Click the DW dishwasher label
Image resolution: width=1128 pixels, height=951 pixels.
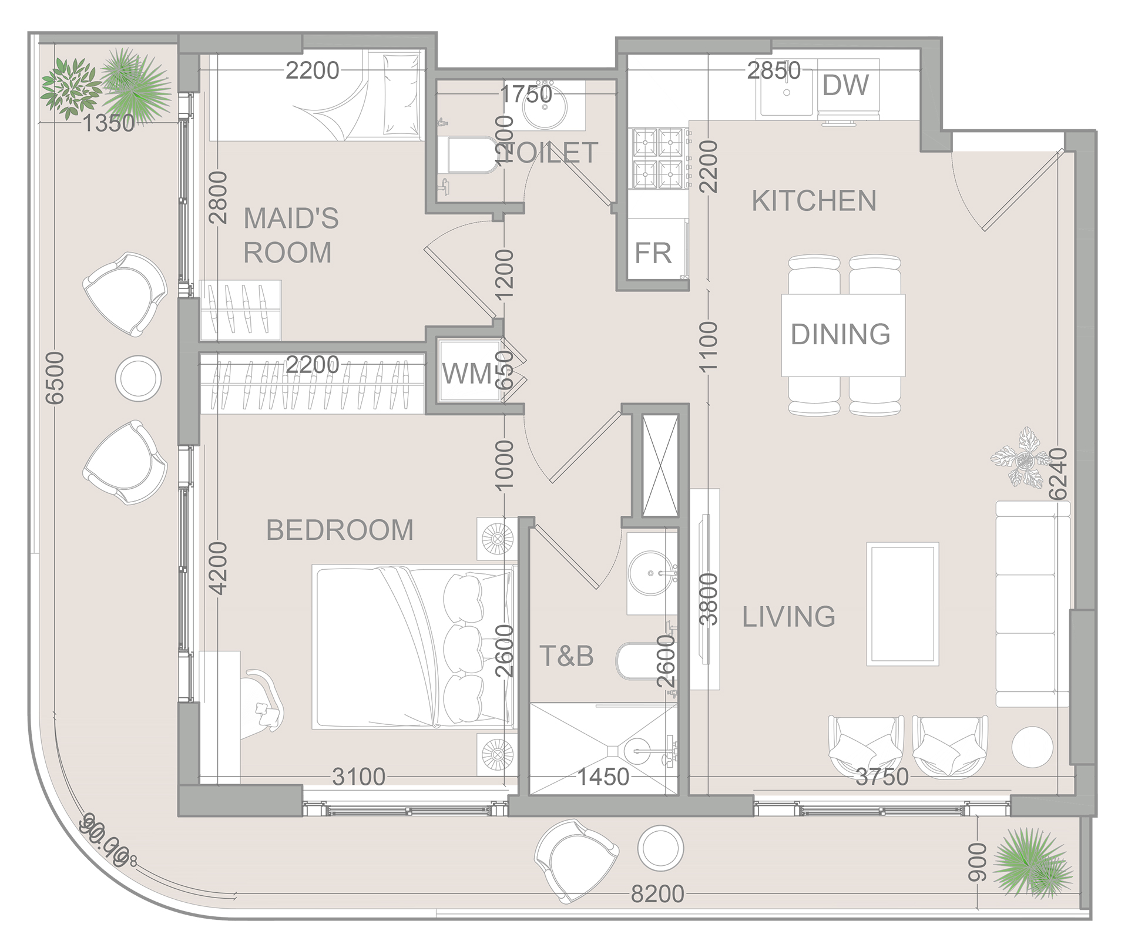click(x=845, y=86)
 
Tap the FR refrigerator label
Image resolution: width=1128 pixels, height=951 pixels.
click(x=653, y=254)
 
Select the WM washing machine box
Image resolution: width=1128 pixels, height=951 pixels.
click(x=468, y=372)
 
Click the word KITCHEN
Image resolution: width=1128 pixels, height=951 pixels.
click(x=814, y=201)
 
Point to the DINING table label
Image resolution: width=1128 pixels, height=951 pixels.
click(x=840, y=334)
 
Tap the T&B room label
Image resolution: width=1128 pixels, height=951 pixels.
click(x=566, y=656)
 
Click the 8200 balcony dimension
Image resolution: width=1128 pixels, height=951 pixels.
click(x=657, y=895)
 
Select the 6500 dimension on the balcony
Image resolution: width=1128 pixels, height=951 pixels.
click(x=55, y=378)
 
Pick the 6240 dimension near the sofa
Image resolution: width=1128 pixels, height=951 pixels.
click(x=1057, y=473)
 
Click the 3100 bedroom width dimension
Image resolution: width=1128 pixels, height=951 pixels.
click(x=358, y=777)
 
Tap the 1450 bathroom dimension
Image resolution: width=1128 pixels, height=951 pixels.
click(x=603, y=777)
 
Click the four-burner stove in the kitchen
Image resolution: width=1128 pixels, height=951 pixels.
click(x=658, y=159)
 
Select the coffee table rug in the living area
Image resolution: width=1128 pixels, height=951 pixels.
click(x=902, y=604)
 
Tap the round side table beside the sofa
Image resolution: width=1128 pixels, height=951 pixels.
click(x=1032, y=747)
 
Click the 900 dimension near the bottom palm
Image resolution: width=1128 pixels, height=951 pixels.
click(x=976, y=861)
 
